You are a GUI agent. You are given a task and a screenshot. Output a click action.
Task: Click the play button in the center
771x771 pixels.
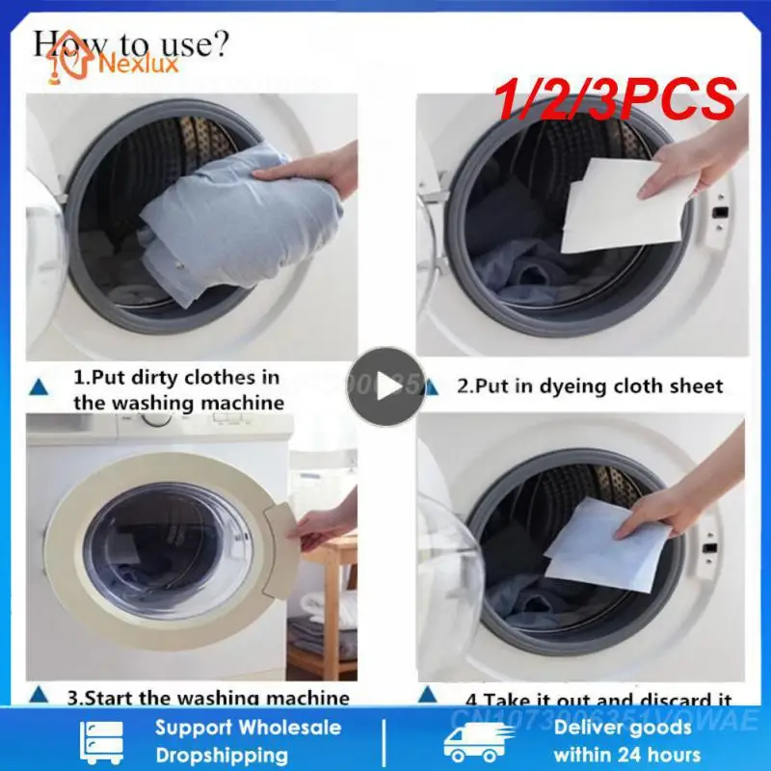point(385,386)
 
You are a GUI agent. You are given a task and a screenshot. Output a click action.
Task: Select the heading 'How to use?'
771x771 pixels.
point(131,42)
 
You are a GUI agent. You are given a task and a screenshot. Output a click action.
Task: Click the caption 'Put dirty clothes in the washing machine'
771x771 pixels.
point(178,389)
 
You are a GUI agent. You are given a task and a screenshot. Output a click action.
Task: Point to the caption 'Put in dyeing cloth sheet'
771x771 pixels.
point(589,386)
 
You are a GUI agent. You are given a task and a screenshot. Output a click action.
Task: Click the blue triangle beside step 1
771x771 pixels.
point(40,385)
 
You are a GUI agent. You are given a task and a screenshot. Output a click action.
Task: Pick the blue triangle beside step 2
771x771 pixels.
point(434,387)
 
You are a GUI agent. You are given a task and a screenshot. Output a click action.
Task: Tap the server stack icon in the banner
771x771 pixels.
point(103,740)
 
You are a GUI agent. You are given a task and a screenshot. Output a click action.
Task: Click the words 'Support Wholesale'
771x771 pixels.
point(248,728)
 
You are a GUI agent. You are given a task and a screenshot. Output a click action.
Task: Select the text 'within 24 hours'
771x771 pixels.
point(627,754)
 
